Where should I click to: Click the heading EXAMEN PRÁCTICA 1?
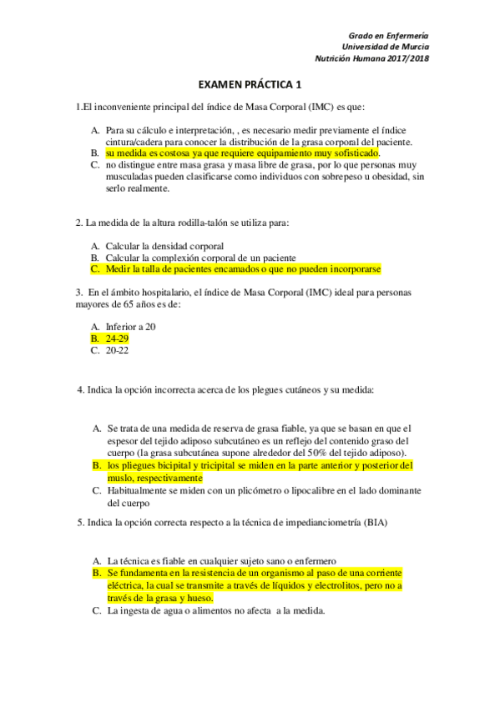click(250, 85)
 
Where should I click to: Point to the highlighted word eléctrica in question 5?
click(125, 586)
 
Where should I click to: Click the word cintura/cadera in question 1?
click(133, 142)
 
